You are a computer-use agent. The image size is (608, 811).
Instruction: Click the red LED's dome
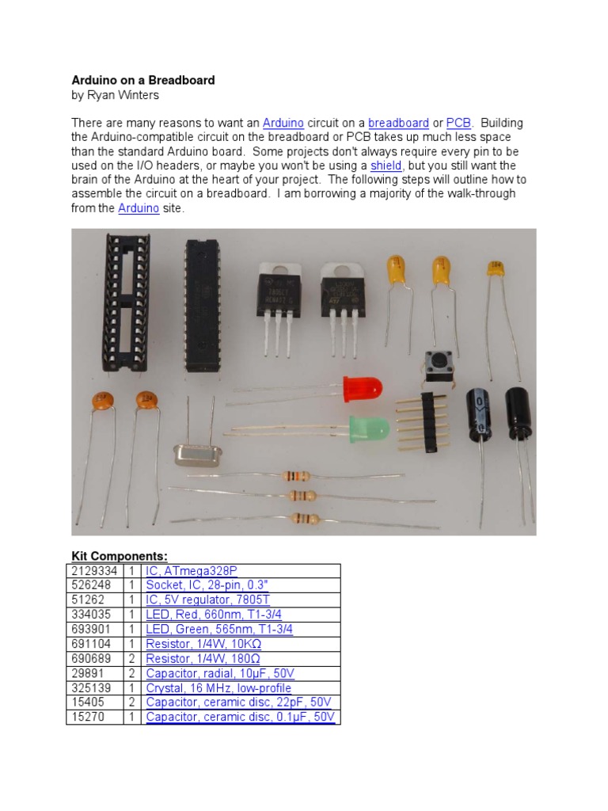point(363,389)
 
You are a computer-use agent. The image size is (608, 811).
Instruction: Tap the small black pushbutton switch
point(434,362)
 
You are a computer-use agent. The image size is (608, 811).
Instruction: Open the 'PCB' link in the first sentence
point(458,123)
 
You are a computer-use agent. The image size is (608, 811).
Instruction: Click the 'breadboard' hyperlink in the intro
point(398,123)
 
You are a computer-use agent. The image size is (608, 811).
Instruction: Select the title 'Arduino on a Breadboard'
point(143,80)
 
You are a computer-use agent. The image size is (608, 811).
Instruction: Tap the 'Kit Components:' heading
point(120,556)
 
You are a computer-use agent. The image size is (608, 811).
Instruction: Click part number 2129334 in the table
point(93,570)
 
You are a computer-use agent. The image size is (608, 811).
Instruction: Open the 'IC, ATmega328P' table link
point(191,570)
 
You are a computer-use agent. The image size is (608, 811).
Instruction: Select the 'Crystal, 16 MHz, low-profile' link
point(218,688)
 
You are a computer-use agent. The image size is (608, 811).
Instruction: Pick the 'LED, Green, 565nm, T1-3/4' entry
point(219,629)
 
